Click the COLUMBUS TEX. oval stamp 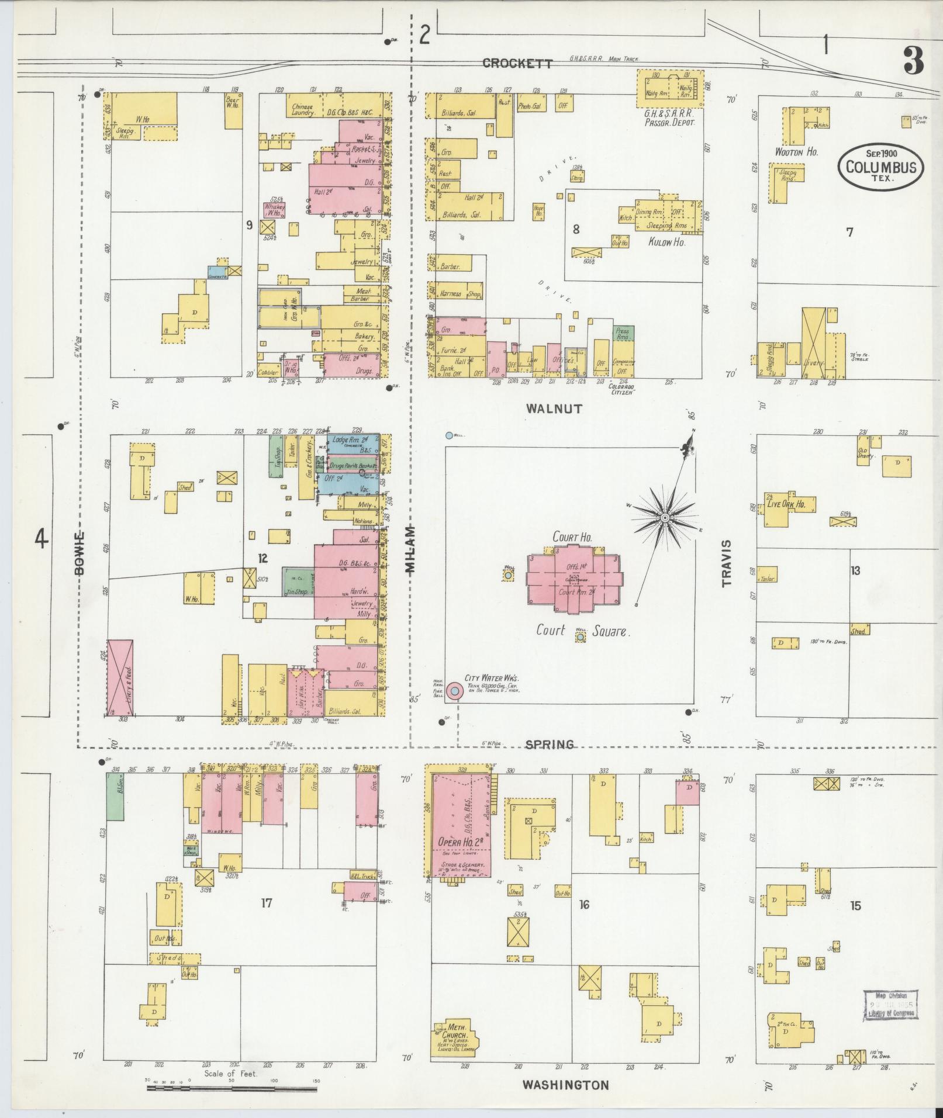(881, 167)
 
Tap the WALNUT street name (554, 409)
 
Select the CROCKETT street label (517, 64)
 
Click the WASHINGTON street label (565, 1085)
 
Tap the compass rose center (665, 518)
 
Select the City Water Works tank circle (455, 691)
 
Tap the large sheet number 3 (913, 61)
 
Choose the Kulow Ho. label (666, 241)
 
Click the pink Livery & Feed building (120, 677)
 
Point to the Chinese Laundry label (303, 110)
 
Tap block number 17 (267, 903)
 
